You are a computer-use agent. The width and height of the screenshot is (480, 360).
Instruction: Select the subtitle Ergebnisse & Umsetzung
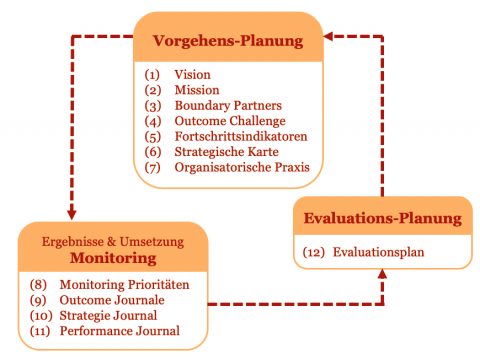click(111, 240)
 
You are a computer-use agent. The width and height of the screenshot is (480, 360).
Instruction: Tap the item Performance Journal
click(126, 330)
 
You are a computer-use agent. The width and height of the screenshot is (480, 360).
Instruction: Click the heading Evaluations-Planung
click(383, 218)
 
